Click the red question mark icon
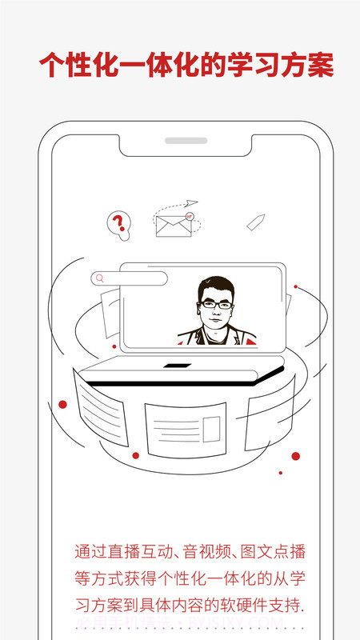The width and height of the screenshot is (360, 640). click(118, 222)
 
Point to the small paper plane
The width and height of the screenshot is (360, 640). click(190, 203)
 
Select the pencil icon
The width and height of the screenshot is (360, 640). click(255, 222)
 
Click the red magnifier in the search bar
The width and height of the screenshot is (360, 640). click(101, 278)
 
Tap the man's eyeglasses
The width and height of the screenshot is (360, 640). click(216, 304)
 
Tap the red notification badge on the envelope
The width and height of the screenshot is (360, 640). click(190, 217)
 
